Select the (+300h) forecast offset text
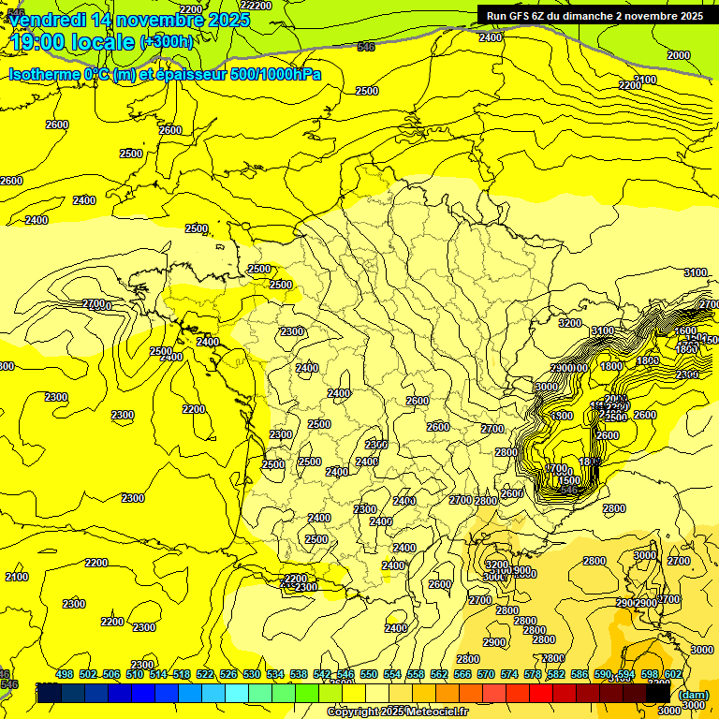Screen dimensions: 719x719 pos(167,42)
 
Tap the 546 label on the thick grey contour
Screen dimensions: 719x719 pos(366,46)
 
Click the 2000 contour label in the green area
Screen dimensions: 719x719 pos(679,55)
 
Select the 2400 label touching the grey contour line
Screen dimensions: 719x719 pos(491,37)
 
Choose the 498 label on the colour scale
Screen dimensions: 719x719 pos(65,674)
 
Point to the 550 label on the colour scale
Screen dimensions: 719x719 pos(369,674)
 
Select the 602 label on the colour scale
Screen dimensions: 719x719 pos(672,674)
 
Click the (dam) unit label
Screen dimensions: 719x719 pos(694,695)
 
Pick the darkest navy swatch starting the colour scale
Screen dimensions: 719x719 pos(50,693)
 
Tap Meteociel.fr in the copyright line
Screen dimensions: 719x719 pos(436,712)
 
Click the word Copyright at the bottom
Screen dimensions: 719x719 pos(351,712)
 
